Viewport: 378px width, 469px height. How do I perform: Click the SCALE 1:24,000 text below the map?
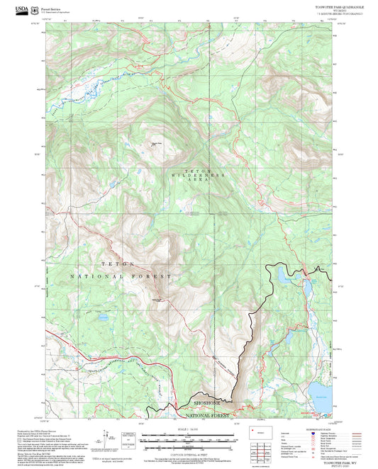click(189, 429)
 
